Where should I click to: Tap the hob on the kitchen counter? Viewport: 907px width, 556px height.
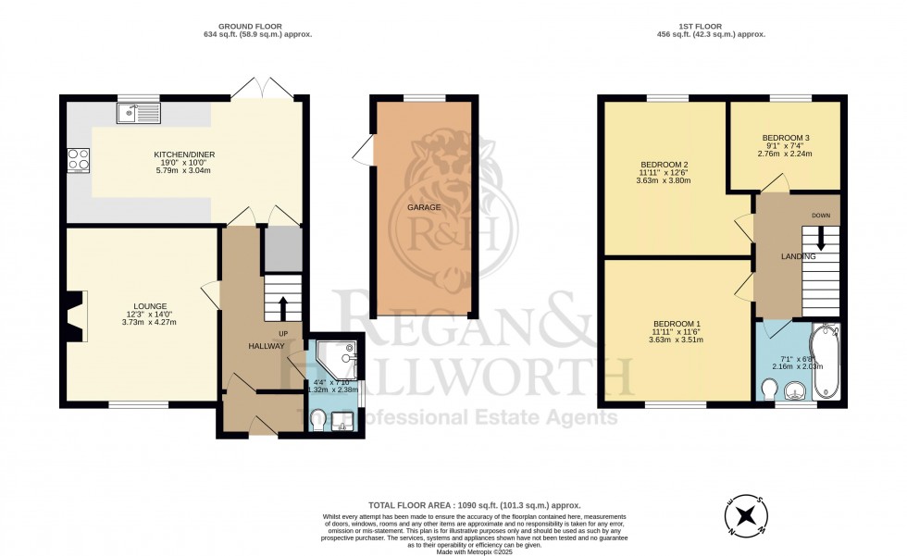click(x=78, y=159)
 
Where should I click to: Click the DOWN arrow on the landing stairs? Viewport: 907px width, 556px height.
click(x=820, y=243)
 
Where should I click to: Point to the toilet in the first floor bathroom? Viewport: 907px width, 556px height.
click(x=766, y=393)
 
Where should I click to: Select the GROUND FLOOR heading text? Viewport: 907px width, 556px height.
click(x=257, y=26)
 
